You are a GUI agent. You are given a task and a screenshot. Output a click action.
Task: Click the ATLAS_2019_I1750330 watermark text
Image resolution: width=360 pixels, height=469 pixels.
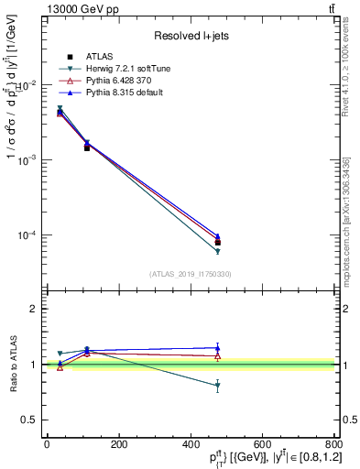(x=191, y=273)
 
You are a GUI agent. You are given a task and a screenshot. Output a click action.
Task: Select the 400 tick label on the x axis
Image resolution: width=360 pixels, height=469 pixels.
(x=190, y=445)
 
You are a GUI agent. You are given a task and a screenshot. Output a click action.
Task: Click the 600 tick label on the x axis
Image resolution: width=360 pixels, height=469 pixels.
(x=261, y=445)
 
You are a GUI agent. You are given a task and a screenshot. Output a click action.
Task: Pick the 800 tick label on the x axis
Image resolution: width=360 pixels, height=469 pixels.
(x=332, y=445)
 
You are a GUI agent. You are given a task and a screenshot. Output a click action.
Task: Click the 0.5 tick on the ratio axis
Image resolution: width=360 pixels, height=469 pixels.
(x=28, y=420)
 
